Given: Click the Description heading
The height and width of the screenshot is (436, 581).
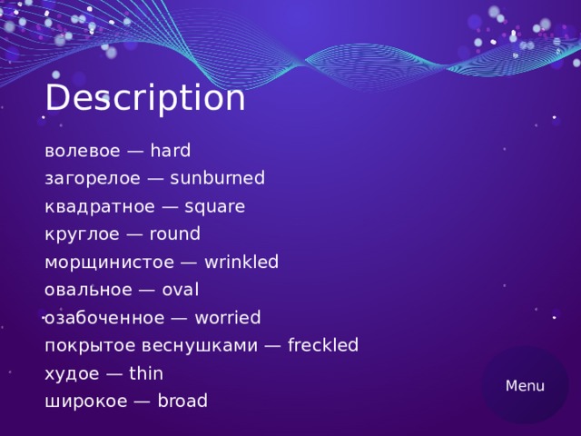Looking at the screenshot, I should (144, 98).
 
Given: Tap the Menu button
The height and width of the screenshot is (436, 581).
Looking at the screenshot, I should (525, 386).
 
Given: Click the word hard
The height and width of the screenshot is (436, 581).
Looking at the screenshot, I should (170, 151).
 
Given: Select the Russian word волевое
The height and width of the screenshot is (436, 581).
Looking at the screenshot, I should (78, 151).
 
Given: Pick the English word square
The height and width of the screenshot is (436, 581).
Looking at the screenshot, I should (214, 206).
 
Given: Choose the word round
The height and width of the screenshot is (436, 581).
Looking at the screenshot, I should (174, 234).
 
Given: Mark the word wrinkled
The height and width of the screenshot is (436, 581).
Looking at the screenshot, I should (241, 263).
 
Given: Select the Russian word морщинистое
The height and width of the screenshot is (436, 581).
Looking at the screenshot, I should (105, 263).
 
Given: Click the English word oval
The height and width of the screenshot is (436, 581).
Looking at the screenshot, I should (180, 291).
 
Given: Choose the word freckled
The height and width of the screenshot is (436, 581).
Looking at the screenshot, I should (323, 345).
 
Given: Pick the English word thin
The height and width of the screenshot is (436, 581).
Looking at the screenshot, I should (146, 373).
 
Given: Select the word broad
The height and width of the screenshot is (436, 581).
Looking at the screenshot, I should (182, 401).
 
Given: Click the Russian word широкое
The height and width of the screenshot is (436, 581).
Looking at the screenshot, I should (82, 401).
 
